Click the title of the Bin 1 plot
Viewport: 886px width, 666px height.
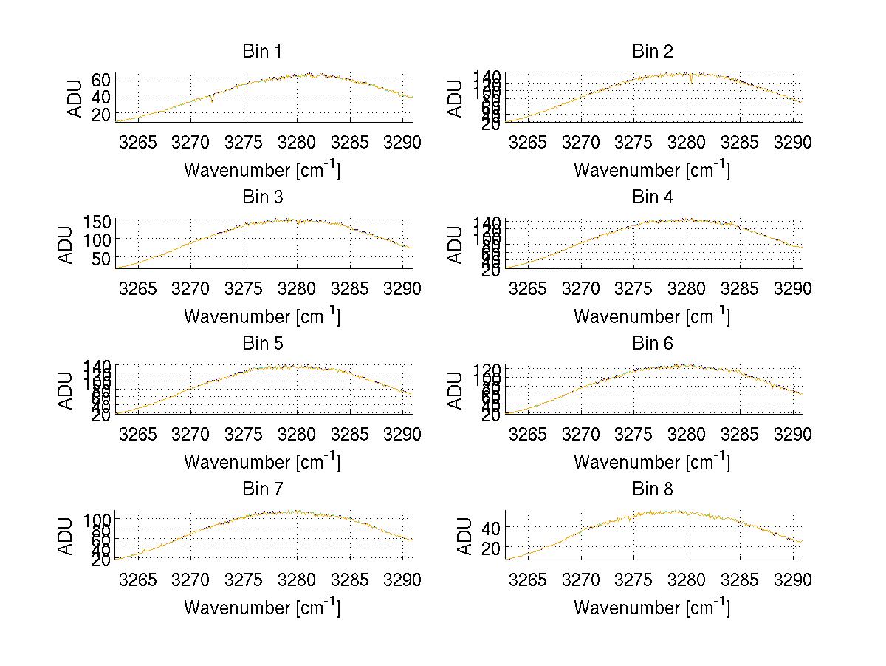(x=262, y=52)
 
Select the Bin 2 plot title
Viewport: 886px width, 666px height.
(x=652, y=52)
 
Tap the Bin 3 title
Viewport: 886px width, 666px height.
(x=262, y=197)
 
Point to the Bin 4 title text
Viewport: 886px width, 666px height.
(x=652, y=197)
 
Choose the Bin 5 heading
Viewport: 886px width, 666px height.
(x=262, y=344)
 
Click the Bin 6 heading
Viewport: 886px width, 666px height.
(x=652, y=344)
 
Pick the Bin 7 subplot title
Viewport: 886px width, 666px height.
(x=262, y=489)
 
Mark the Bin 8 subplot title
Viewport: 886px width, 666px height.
(x=652, y=489)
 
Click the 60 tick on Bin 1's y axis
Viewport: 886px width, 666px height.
(x=101, y=79)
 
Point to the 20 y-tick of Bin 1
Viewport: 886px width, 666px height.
(x=101, y=114)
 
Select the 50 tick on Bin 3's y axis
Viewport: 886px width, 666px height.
(x=101, y=257)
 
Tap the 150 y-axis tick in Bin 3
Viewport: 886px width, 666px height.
(x=97, y=221)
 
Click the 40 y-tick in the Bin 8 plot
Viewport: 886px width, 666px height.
(x=491, y=527)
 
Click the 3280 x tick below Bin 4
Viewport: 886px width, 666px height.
(x=687, y=288)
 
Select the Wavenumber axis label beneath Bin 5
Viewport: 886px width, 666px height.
(x=262, y=462)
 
